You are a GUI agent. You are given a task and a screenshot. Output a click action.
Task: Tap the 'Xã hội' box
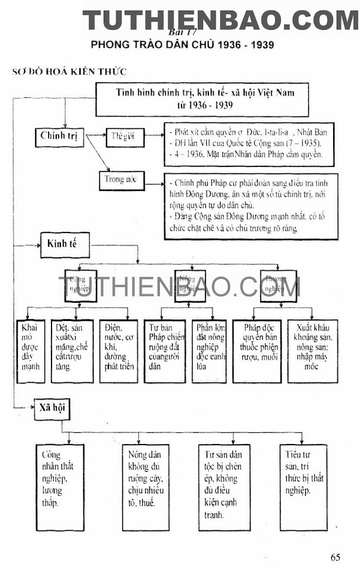[52, 411]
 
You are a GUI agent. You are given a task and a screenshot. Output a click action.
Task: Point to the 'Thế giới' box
[122, 136]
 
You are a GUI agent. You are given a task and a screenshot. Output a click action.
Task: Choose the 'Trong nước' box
[121, 180]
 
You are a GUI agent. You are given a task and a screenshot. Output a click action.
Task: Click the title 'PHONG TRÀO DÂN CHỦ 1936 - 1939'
[182, 45]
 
